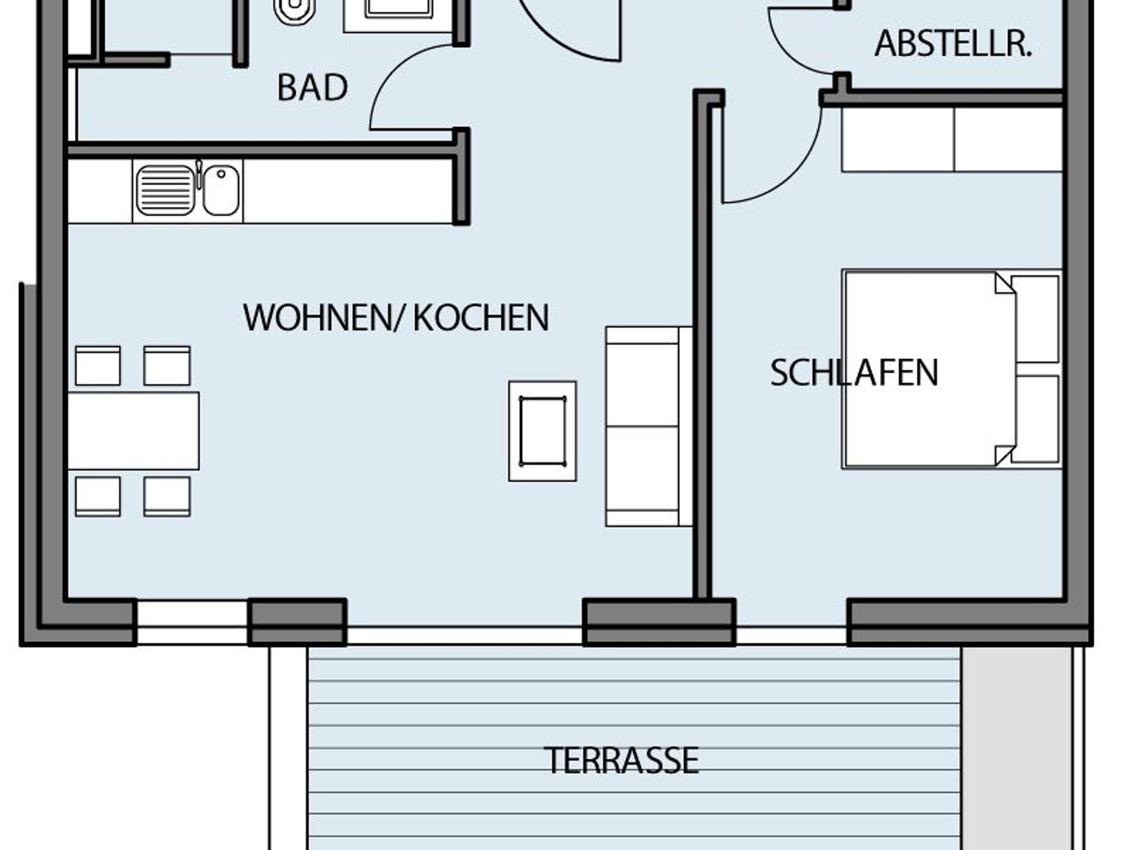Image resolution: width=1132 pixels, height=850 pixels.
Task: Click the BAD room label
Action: point(312,87)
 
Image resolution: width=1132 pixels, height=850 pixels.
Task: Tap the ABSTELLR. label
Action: point(953,44)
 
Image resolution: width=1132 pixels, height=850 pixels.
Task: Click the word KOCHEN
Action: point(481,317)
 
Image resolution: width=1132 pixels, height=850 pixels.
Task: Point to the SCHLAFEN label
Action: point(854,372)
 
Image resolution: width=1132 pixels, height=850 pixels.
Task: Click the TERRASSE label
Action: point(621,760)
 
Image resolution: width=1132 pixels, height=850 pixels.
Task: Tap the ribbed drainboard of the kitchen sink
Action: point(165,191)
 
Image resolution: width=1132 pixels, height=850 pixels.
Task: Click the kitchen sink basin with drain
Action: point(221,190)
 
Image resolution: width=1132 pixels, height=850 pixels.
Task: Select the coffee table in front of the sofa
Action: point(542,431)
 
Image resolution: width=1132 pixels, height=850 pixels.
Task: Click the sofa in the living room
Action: point(649,426)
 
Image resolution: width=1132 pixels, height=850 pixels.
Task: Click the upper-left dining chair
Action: point(98,366)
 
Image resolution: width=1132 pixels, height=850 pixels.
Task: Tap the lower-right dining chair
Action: point(167,497)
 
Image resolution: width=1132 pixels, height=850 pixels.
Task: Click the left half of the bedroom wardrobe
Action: point(898,139)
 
